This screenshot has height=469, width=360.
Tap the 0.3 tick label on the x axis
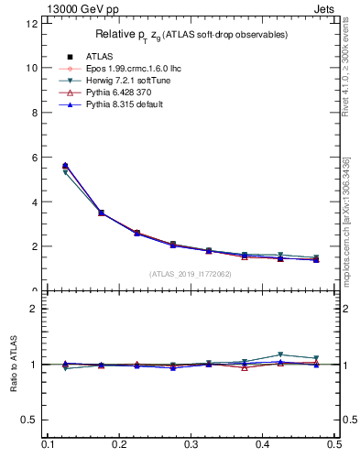click(x=191, y=444)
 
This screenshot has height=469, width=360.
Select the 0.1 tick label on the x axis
click(x=48, y=444)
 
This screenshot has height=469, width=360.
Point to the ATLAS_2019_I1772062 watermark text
click(x=191, y=273)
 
